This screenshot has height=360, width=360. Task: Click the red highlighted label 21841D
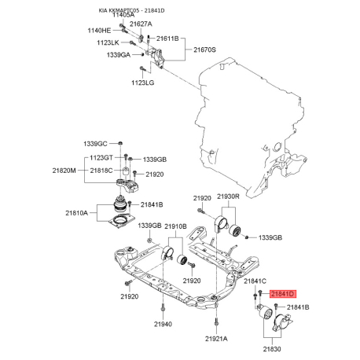283,294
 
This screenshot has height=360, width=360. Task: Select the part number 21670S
204,50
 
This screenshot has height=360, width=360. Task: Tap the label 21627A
141,24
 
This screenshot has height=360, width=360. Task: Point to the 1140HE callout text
99,31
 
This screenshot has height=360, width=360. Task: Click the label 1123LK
108,42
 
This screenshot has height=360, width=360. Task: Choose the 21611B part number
167,39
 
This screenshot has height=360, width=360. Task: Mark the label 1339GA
119,55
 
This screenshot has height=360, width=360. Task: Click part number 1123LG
143,83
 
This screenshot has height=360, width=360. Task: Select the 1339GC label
95,144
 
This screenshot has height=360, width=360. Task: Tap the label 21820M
64,171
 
